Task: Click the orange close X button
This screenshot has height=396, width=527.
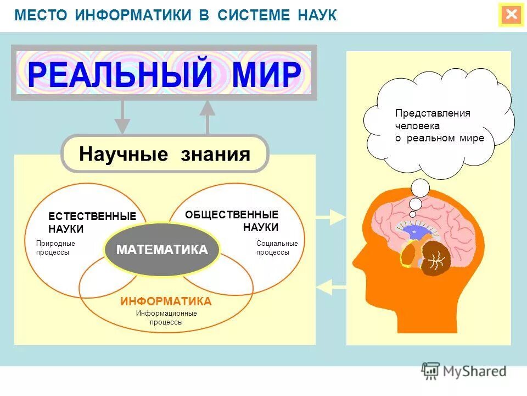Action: click(511, 15)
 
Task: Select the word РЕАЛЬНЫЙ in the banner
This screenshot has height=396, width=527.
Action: click(120, 74)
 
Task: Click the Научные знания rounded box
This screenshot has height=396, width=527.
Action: click(165, 154)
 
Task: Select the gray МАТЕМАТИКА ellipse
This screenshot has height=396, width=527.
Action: click(162, 250)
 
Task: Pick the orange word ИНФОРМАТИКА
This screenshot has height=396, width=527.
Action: click(166, 301)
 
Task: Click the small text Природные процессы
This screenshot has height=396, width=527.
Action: click(55, 248)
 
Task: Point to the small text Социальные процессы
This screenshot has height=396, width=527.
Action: click(277, 248)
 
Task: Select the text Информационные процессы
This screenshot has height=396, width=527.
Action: click(166, 318)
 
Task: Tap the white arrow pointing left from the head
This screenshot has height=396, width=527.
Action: click(330, 287)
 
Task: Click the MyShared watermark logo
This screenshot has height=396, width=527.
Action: click(464, 371)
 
